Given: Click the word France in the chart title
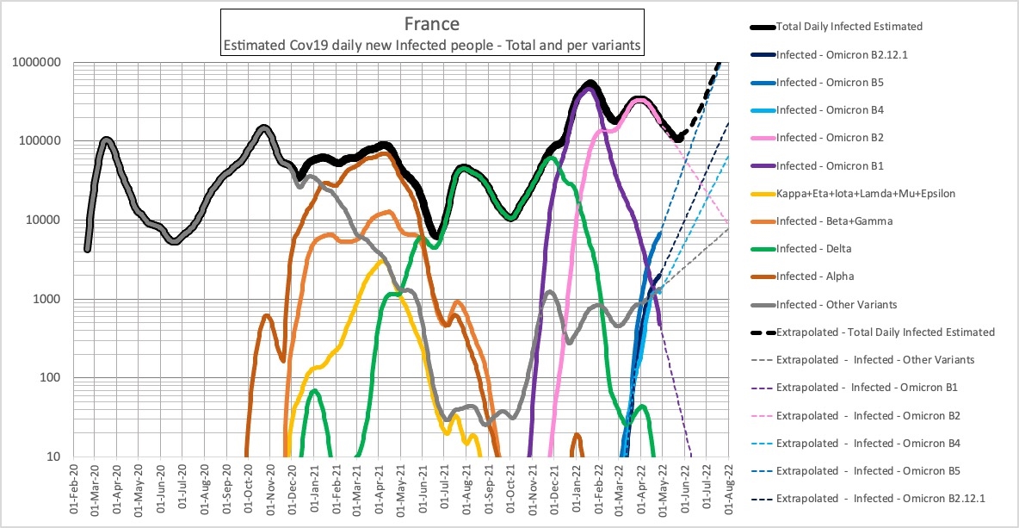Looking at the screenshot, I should [x=431, y=23].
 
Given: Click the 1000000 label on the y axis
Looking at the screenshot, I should [x=36, y=62].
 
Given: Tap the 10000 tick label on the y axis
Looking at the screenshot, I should [x=42, y=221].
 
